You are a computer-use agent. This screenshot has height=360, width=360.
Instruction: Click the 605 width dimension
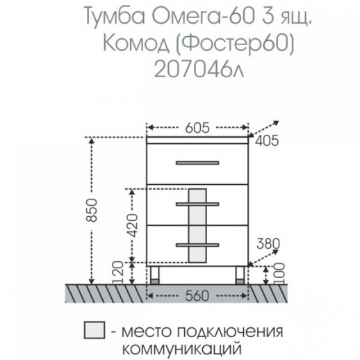click(x=198, y=128)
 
